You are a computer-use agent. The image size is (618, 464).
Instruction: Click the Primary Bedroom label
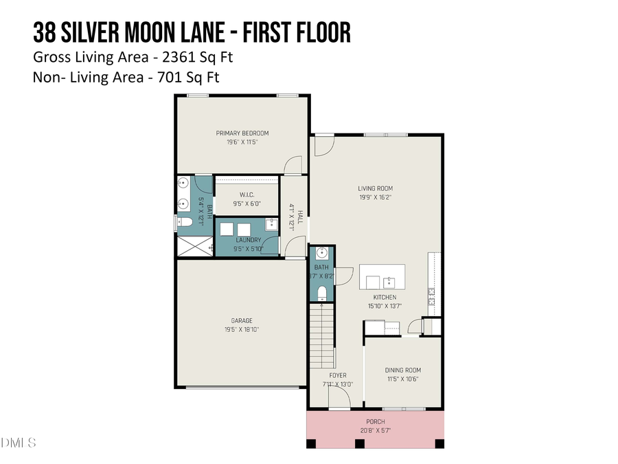click(x=242, y=133)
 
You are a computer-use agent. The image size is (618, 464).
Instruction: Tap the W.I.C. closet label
click(x=247, y=195)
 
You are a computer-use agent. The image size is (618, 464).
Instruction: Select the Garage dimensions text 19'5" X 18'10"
click(x=241, y=330)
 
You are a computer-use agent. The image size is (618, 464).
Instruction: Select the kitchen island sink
click(x=389, y=281)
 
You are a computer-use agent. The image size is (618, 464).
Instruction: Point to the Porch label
click(x=375, y=421)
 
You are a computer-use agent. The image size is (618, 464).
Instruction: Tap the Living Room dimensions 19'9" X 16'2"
click(x=375, y=197)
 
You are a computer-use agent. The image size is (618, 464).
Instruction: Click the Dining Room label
click(x=402, y=370)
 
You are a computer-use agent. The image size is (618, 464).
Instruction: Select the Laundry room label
click(x=248, y=240)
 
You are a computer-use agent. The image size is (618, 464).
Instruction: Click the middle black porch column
click(x=359, y=443)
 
